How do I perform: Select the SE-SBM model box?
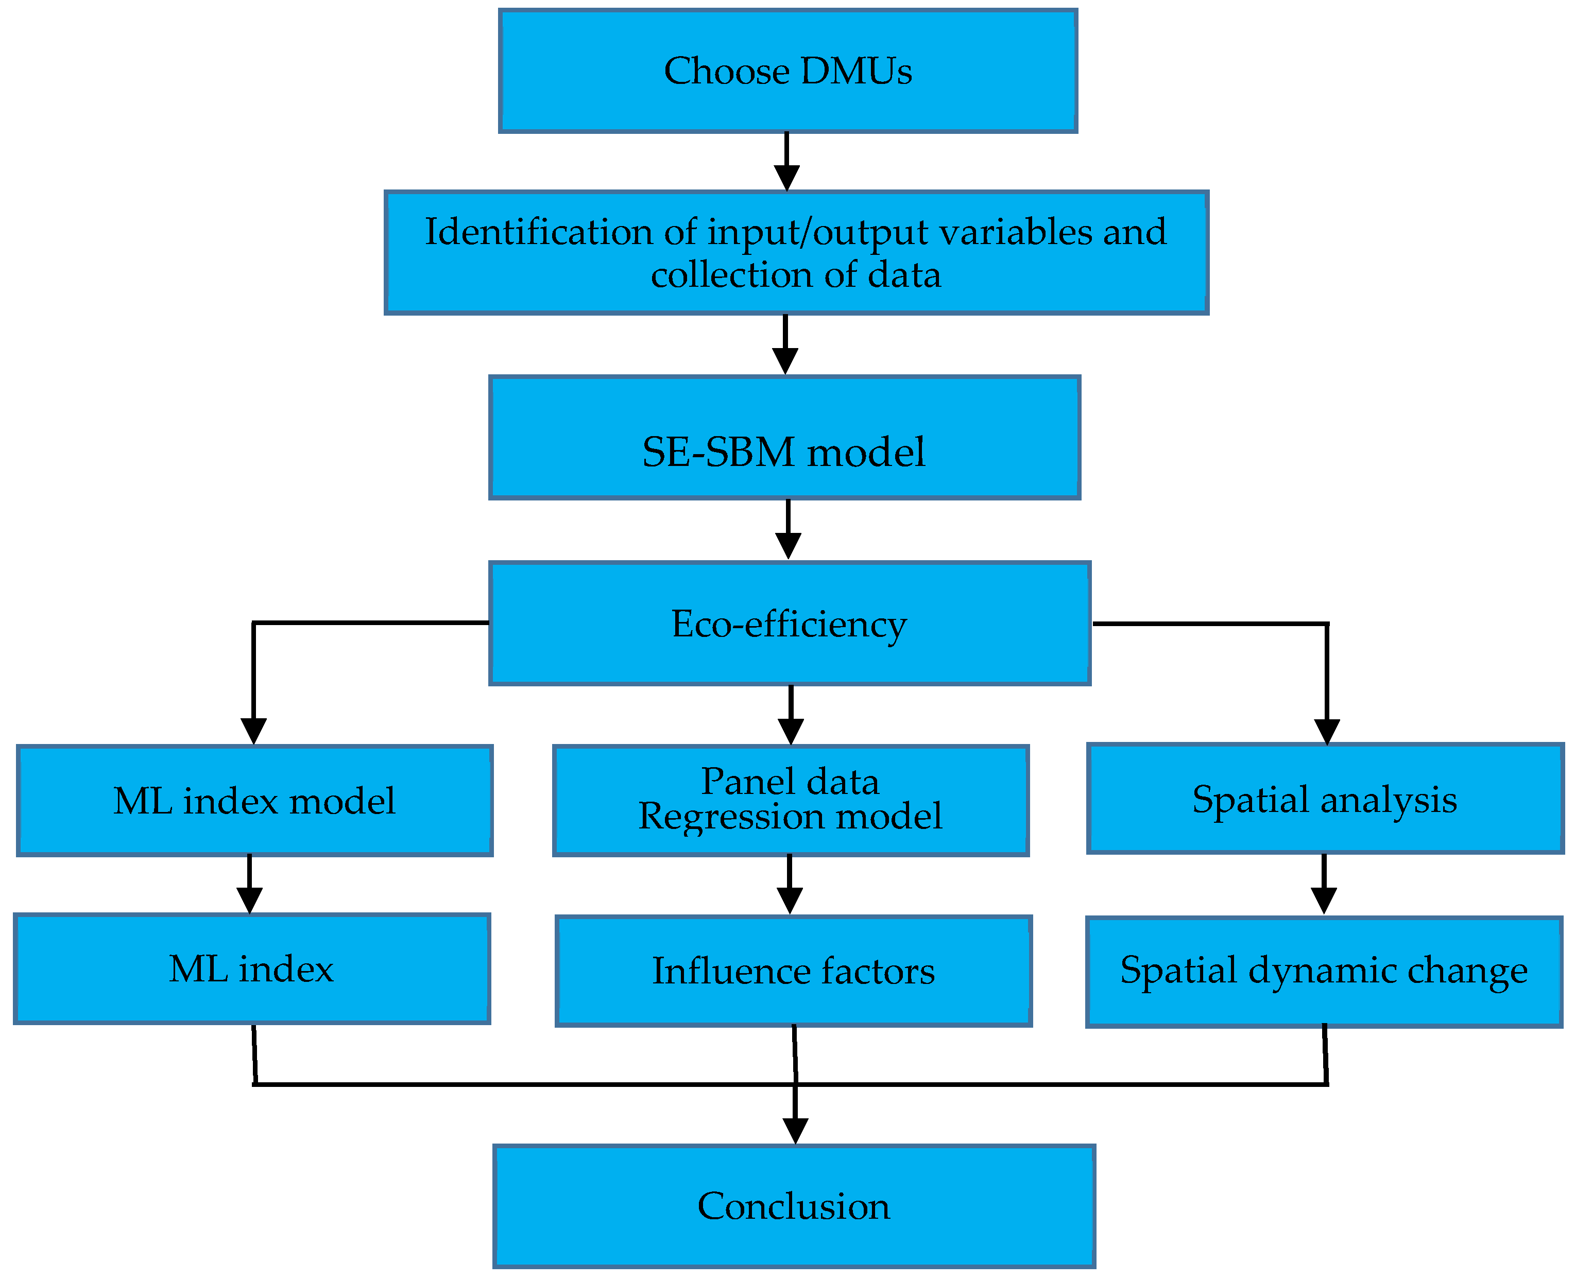pyautogui.click(x=784, y=438)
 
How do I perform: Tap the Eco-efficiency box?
pyautogui.click(x=789, y=624)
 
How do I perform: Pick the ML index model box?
pyautogui.click(x=254, y=801)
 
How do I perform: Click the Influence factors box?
pyautogui.click(x=793, y=971)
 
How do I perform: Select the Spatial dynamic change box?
pyautogui.click(x=1324, y=971)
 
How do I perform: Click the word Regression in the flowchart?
pyautogui.click(x=731, y=816)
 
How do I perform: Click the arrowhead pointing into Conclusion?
pyautogui.click(x=795, y=1130)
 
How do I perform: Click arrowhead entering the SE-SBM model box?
pyautogui.click(x=785, y=361)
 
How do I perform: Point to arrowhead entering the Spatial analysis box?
pyautogui.click(x=1327, y=732)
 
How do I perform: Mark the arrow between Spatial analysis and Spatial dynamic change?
pyautogui.click(x=1324, y=884)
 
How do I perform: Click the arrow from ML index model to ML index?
pyautogui.click(x=249, y=884)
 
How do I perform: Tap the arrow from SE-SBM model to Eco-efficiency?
pyautogui.click(x=788, y=529)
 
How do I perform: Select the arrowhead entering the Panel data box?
pyautogui.click(x=791, y=732)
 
